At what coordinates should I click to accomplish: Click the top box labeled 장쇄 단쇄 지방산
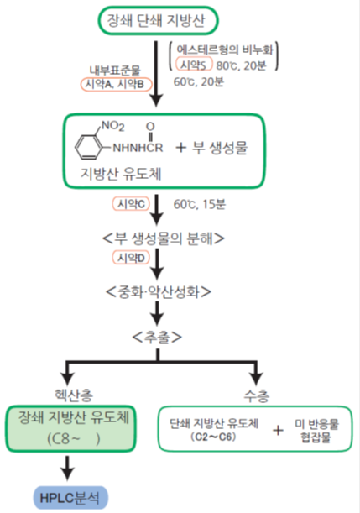click(159, 20)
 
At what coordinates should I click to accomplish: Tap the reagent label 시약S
click(194, 65)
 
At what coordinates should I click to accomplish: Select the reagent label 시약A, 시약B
click(116, 84)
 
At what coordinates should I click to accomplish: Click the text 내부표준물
click(115, 70)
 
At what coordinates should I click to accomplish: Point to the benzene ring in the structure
click(87, 147)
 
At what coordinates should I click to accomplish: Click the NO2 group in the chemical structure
click(112, 126)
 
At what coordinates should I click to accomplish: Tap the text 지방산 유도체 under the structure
click(121, 174)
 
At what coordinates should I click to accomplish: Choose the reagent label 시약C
click(131, 204)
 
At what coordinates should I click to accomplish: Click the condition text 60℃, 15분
click(200, 204)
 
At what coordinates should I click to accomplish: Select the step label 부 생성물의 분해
click(163, 238)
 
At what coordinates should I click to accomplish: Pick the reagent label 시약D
click(131, 258)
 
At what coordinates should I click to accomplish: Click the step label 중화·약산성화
click(159, 291)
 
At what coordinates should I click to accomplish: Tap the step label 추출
click(157, 337)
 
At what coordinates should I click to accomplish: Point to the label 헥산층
click(74, 395)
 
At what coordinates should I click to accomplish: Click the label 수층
click(257, 395)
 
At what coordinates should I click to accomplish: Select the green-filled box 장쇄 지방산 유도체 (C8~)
click(70, 428)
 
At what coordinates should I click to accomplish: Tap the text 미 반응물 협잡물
click(316, 431)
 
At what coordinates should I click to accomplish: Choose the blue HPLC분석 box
click(70, 498)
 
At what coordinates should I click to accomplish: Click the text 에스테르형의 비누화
click(225, 50)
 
